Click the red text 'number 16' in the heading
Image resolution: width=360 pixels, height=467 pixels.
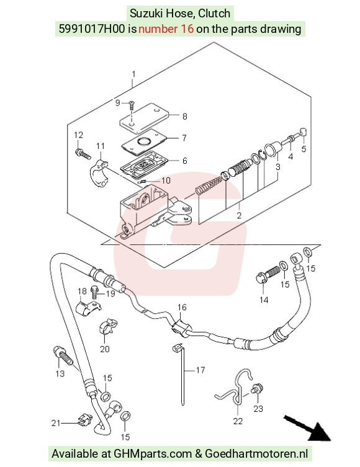click(x=166, y=29)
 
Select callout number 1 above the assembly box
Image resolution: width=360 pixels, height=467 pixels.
click(x=133, y=74)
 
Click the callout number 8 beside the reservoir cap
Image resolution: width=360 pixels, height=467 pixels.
click(x=185, y=116)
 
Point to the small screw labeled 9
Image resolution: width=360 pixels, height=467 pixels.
click(x=131, y=105)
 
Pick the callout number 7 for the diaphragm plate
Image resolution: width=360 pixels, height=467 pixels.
click(x=184, y=138)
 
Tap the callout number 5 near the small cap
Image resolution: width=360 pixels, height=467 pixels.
click(x=304, y=148)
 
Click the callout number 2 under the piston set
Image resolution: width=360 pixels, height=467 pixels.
click(x=239, y=215)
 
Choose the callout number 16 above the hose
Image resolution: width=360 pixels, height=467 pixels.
click(x=182, y=307)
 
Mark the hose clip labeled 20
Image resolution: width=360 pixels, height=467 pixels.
click(x=108, y=327)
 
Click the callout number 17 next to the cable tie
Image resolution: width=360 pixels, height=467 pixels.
click(x=200, y=370)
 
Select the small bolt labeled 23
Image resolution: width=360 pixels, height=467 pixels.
click(x=258, y=388)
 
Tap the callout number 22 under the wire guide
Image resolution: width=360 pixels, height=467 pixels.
click(x=238, y=421)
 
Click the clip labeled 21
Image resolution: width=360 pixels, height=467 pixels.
click(x=84, y=420)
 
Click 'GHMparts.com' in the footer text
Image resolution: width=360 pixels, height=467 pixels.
click(x=153, y=453)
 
